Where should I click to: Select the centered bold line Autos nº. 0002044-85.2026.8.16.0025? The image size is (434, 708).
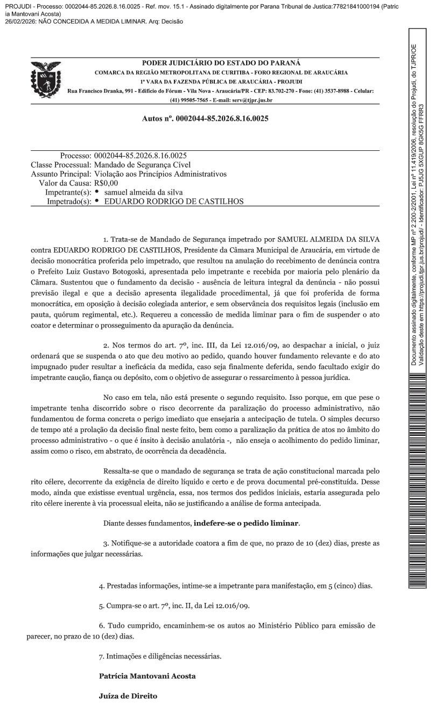(x=205, y=118)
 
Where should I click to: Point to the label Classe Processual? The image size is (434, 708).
(x=60, y=165)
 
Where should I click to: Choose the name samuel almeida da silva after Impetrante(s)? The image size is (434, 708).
(x=143, y=192)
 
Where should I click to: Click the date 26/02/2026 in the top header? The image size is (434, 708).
(x=17, y=22)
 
